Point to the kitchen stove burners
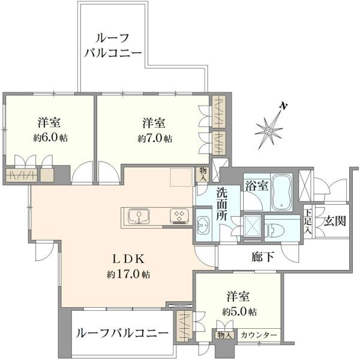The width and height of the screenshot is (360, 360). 179,216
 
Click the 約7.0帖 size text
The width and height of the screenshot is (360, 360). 155,138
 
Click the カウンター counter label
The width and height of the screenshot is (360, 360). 259,335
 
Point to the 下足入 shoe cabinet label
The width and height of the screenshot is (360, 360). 308,221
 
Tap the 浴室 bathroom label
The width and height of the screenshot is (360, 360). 256,186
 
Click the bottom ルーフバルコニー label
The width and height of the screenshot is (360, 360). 122,333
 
